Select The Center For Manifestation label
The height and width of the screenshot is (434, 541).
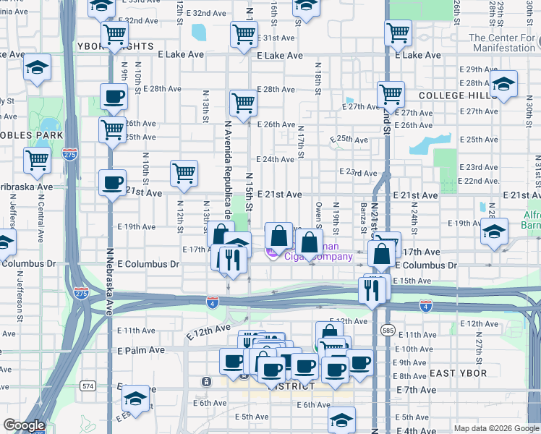tap(504, 43)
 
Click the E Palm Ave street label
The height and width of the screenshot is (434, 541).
tap(141, 349)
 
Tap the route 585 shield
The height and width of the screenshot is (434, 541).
tap(388, 330)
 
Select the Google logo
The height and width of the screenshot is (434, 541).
tap(23, 425)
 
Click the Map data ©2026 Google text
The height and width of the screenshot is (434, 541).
tap(495, 428)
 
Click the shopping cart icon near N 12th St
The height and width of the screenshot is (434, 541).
tap(184, 173)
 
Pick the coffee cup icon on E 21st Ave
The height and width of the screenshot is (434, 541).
tap(112, 182)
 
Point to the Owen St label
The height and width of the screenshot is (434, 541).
tap(318, 213)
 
